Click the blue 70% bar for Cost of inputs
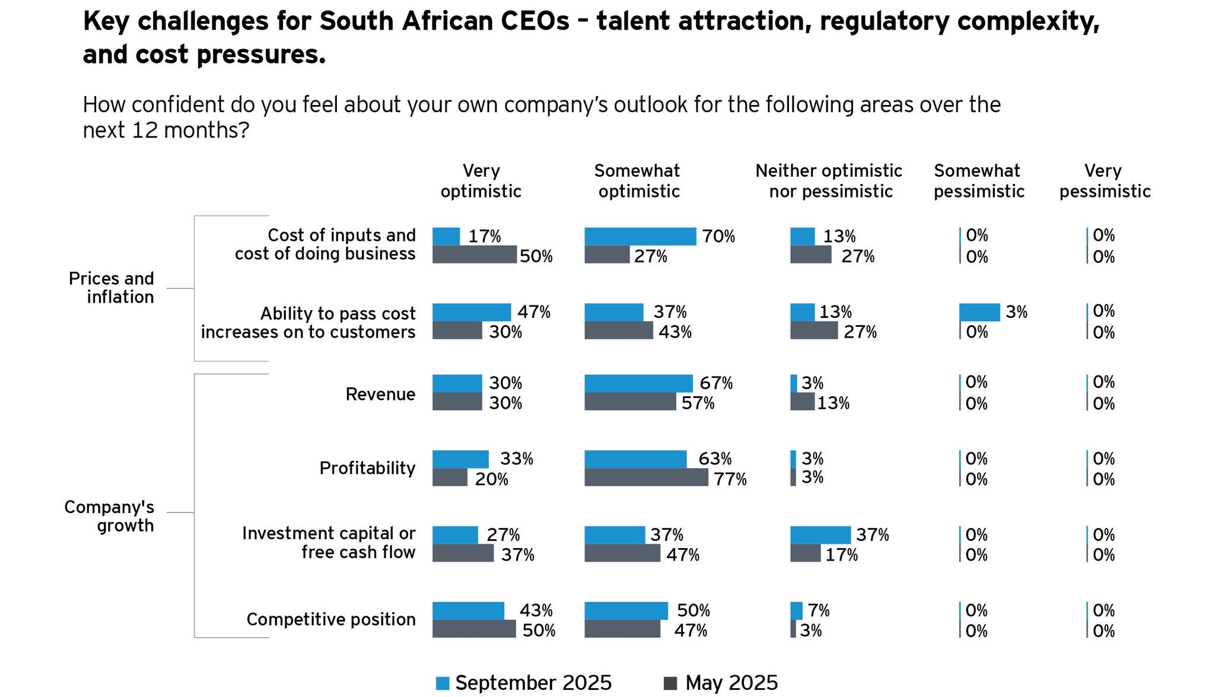point(640,236)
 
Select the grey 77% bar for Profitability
point(646,478)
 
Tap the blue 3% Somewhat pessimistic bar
point(979,312)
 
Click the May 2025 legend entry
point(721,683)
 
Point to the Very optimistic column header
point(481,181)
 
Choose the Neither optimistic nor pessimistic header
point(829,181)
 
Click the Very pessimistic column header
point(1105,181)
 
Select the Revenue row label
point(380,394)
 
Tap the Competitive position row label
point(331,619)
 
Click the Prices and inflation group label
point(112,288)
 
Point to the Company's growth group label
point(109,516)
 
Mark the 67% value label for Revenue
point(716,383)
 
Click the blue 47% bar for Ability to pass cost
point(471,312)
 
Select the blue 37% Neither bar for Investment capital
point(820,534)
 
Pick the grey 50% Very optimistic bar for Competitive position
point(474,629)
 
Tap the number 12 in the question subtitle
point(145,130)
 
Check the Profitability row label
point(367,468)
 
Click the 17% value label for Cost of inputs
point(485,236)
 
